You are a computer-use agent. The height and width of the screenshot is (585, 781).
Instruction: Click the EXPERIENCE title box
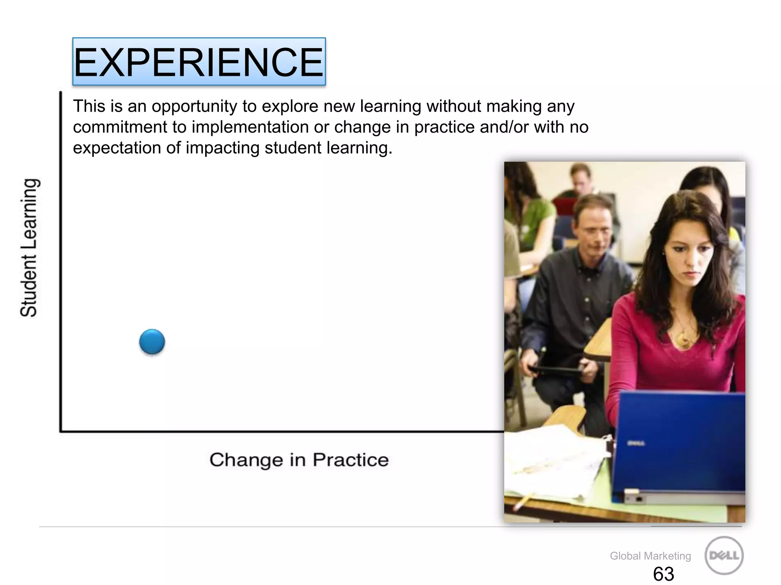[199, 62]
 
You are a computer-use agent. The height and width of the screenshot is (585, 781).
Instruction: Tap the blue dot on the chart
[152, 342]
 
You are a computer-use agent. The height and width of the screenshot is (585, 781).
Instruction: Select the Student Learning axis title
[29, 248]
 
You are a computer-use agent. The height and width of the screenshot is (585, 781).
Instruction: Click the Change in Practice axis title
[299, 460]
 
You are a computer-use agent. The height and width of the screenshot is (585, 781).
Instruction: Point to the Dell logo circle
[724, 555]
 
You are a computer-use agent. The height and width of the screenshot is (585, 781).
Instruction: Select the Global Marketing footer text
[650, 556]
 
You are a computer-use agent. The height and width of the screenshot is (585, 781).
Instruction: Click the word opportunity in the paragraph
[194, 106]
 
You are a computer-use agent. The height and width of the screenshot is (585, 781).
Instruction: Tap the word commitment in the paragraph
[120, 127]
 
